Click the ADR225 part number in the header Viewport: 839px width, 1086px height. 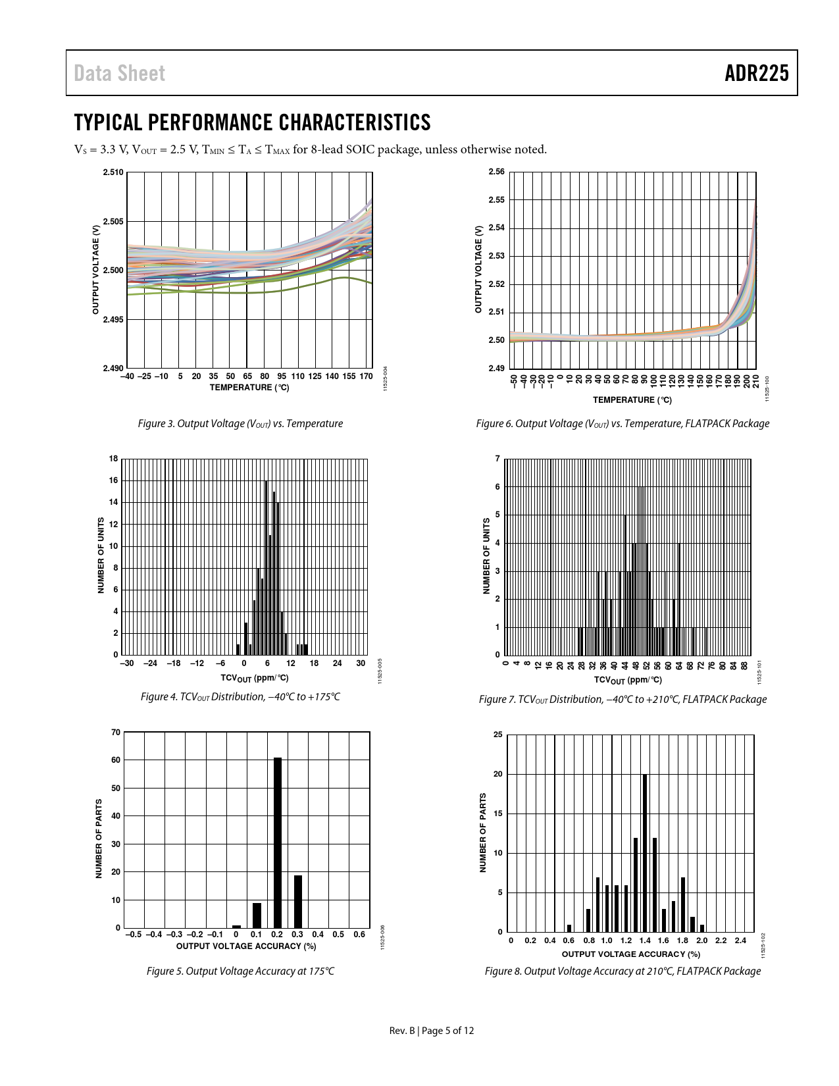[756, 73]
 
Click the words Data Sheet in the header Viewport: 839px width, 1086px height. [119, 73]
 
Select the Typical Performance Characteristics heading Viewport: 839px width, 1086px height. [252, 122]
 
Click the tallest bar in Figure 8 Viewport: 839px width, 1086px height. [645, 853]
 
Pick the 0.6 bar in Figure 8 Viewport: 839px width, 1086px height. [569, 929]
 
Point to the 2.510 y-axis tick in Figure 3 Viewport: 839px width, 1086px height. [113, 172]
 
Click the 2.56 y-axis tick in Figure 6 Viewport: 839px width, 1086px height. [496, 172]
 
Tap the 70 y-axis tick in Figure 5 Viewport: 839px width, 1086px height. [116, 732]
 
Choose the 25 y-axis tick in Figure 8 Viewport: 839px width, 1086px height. [498, 735]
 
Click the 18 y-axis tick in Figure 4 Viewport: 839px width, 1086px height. [114, 459]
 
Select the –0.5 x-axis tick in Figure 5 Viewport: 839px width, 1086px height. [134, 934]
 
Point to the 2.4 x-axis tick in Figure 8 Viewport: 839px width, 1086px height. [740, 940]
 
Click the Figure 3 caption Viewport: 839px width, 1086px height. [240, 424]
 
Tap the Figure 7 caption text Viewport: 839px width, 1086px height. [623, 699]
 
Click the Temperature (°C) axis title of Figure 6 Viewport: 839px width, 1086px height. [632, 400]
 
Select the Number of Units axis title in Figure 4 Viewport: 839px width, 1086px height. [101, 556]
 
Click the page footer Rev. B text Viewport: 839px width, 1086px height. [402, 1031]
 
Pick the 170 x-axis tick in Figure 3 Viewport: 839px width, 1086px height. [367, 376]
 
